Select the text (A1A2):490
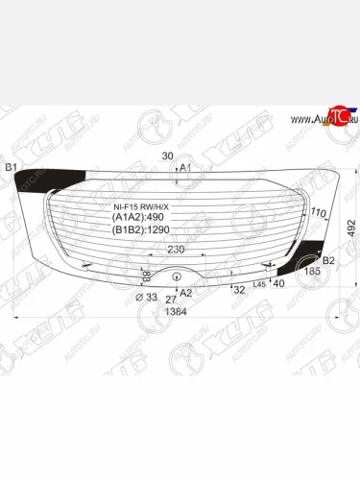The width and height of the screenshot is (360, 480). click(133, 217)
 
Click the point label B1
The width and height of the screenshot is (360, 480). click(12, 169)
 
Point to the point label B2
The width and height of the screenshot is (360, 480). click(328, 260)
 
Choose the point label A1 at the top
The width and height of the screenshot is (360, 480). click(186, 168)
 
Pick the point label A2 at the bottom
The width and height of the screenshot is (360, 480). click(186, 293)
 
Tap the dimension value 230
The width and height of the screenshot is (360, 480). click(178, 250)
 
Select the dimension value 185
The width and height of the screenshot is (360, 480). click(313, 273)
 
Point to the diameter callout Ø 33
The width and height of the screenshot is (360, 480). click(146, 299)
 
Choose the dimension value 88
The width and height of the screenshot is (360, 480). click(145, 276)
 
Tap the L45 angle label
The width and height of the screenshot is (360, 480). click(259, 281)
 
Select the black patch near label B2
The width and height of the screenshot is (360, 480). click(309, 253)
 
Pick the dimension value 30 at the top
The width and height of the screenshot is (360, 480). click(168, 156)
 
